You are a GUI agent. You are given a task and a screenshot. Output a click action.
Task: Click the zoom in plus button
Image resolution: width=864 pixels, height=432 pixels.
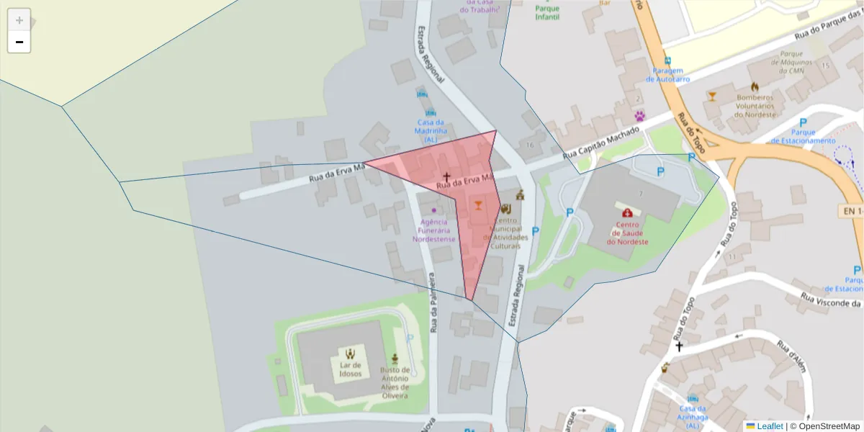pos(19,19)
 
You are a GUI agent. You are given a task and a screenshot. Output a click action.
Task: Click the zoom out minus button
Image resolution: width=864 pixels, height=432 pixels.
pos(19,42)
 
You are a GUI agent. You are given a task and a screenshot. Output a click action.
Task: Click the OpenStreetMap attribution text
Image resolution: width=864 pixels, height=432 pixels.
pos(824,426)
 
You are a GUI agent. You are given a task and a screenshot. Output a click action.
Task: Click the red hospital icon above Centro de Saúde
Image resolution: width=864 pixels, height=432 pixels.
pos(628,213)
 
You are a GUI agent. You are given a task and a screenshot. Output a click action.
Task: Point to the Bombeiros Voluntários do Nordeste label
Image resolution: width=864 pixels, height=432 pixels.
pos(755,106)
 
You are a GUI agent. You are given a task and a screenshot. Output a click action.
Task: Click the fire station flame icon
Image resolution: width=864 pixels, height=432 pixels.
pos(755,86)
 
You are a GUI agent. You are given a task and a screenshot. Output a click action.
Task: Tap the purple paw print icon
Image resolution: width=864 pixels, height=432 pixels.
pos(639,115)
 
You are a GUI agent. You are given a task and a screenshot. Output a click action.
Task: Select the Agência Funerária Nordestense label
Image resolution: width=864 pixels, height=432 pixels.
pos(434,230)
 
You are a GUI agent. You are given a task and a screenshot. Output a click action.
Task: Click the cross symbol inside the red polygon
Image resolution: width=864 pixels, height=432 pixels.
pos(446,176)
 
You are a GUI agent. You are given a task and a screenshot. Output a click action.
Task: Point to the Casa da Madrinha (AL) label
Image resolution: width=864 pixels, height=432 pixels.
pos(431,130)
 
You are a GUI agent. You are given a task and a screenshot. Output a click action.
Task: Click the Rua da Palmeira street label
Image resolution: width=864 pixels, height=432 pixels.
pos(433,302)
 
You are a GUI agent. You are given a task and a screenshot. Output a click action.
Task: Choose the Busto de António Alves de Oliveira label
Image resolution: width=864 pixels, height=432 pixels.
pos(395,382)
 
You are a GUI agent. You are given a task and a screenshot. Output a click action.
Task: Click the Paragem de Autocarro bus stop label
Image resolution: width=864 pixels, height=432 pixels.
pos(667,75)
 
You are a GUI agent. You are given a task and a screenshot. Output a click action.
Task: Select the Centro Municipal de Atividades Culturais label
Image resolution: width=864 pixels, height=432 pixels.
pos(510,233)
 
